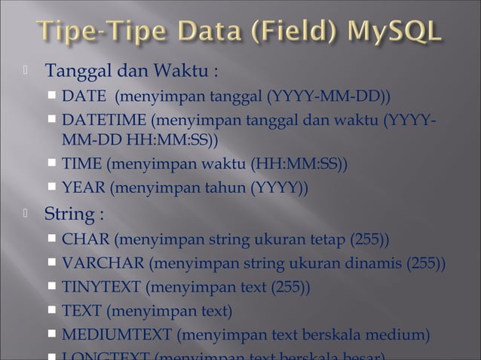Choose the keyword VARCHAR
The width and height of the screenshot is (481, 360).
[x=103, y=264]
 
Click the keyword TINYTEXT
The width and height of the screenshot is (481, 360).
[x=101, y=287]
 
